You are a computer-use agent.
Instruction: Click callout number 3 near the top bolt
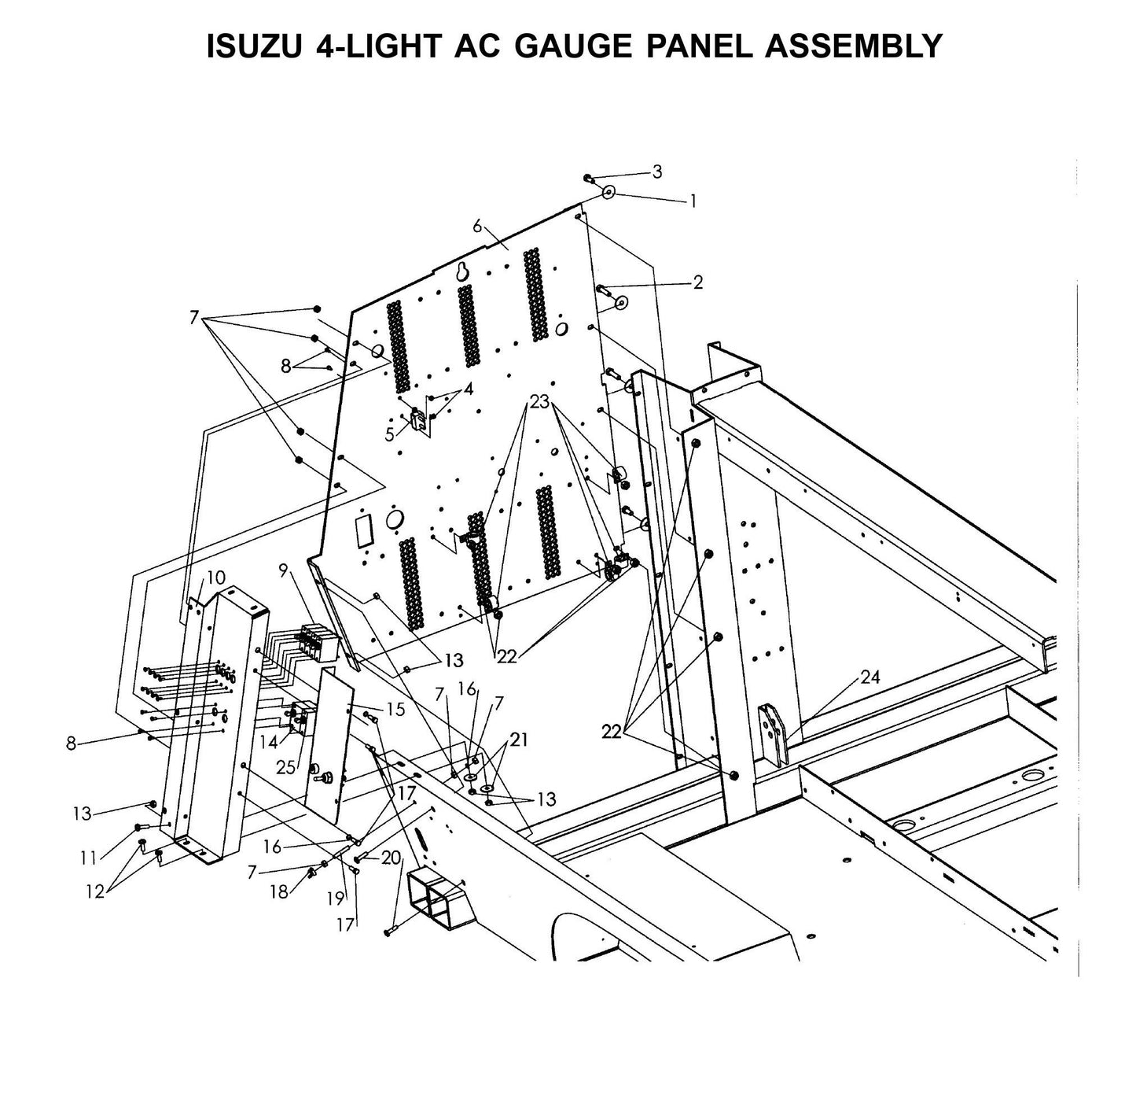[657, 172]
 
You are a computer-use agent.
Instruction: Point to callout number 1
[693, 201]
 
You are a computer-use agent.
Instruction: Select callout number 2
[697, 282]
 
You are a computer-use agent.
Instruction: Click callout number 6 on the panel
[477, 226]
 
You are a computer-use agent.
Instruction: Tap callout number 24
[869, 677]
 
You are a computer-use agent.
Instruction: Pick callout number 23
[539, 402]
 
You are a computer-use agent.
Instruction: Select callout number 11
[89, 857]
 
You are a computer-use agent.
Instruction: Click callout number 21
[519, 740]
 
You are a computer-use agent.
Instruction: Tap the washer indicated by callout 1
[608, 192]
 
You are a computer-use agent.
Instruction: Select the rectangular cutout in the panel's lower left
[362, 531]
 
